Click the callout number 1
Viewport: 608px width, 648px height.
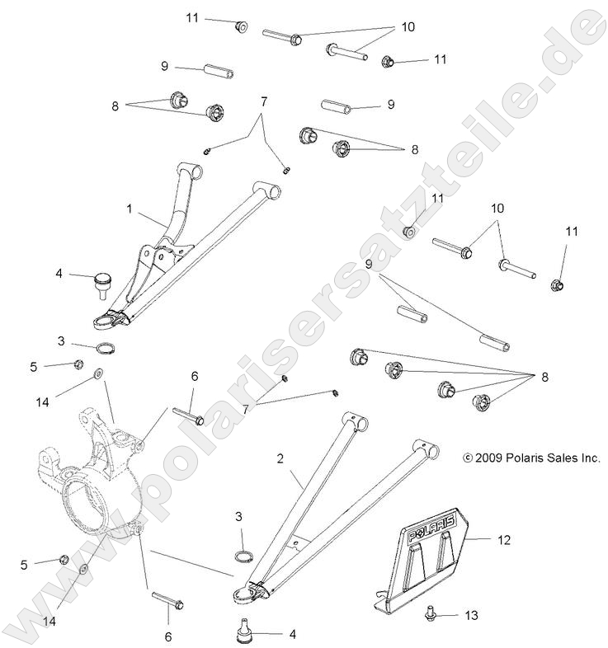(x=130, y=210)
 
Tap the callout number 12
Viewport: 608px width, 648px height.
(x=504, y=540)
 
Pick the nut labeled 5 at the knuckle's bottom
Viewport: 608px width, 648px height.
(x=64, y=560)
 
